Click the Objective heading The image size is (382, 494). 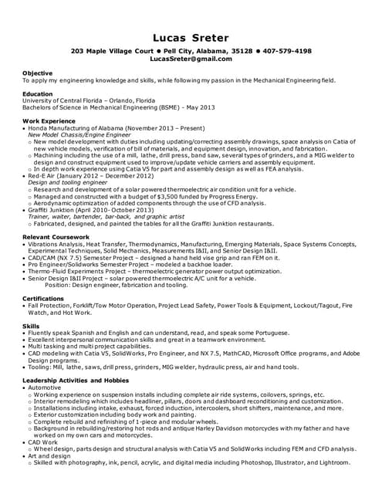(x=37, y=73)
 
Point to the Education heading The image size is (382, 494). (x=39, y=93)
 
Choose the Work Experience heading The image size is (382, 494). (x=49, y=120)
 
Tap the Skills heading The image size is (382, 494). (x=30, y=327)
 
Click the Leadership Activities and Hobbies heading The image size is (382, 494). (x=76, y=381)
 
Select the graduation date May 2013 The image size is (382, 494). (x=177, y=107)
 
